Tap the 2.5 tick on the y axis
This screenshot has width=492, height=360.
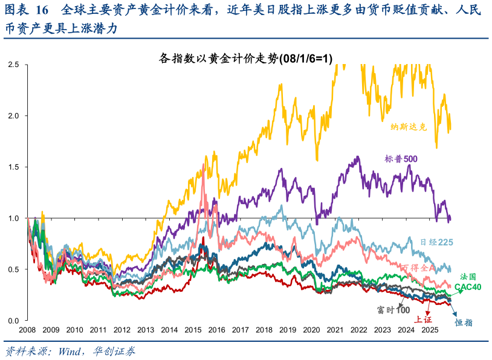click(x=13, y=64)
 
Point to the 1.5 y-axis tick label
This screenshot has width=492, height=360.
click(x=13, y=167)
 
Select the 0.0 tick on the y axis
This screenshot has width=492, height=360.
click(x=13, y=320)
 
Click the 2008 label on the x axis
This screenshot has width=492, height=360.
click(x=27, y=330)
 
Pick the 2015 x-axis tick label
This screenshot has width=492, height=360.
click(x=193, y=330)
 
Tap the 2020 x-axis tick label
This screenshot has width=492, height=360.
click(x=311, y=330)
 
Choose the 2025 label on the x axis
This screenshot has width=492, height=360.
click(x=430, y=330)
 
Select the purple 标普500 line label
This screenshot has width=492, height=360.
click(x=401, y=159)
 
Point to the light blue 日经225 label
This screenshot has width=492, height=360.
click(x=436, y=242)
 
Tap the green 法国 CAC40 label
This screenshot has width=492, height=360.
click(x=468, y=282)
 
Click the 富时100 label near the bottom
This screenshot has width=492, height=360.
click(x=393, y=309)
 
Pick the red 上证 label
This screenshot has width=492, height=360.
click(x=422, y=320)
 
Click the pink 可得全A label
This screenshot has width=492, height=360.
click(x=418, y=268)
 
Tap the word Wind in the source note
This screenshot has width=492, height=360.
click(x=69, y=351)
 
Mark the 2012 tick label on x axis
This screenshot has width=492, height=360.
click(x=122, y=330)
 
